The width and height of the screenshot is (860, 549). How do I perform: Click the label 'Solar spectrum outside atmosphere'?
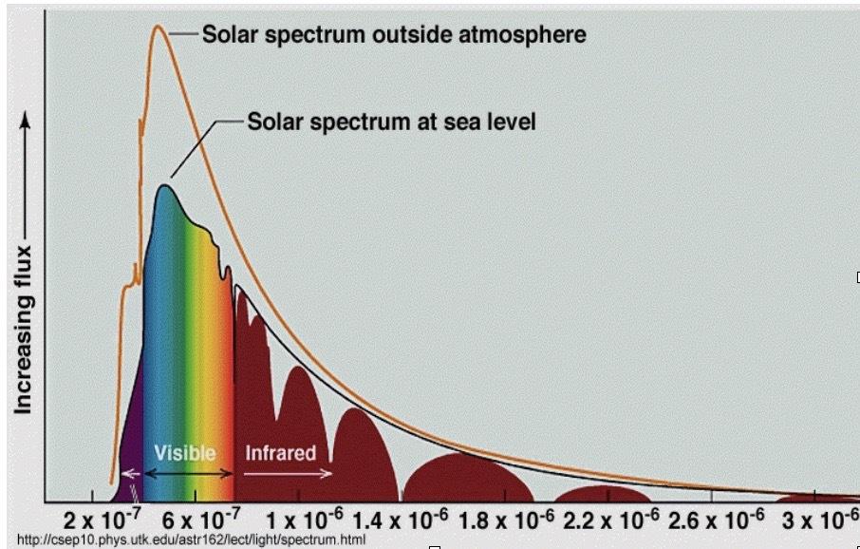tap(394, 34)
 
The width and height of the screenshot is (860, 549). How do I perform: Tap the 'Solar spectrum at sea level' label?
tap(391, 122)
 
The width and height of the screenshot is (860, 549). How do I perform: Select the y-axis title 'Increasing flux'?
tap(23, 330)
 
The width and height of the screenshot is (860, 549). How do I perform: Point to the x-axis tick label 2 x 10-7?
tap(103, 520)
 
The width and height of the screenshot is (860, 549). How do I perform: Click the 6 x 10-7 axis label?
tap(200, 520)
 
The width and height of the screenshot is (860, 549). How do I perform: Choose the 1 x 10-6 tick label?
tap(305, 520)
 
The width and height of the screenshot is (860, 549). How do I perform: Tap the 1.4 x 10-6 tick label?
tap(400, 520)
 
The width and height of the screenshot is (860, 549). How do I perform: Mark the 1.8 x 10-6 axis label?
tap(506, 520)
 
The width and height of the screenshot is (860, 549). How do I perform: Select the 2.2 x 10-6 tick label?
tap(611, 520)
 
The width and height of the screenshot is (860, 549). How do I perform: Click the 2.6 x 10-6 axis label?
tap(716, 520)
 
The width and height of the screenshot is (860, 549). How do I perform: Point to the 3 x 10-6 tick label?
tap(820, 520)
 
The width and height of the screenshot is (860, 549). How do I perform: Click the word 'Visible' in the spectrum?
tap(185, 453)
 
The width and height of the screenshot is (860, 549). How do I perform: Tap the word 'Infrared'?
tap(280, 453)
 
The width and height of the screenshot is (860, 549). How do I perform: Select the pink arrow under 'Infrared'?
tap(288, 473)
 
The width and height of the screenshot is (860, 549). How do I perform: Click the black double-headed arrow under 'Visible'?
tap(188, 473)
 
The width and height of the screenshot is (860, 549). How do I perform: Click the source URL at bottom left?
tap(191, 540)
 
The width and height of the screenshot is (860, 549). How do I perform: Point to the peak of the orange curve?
tap(158, 26)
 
